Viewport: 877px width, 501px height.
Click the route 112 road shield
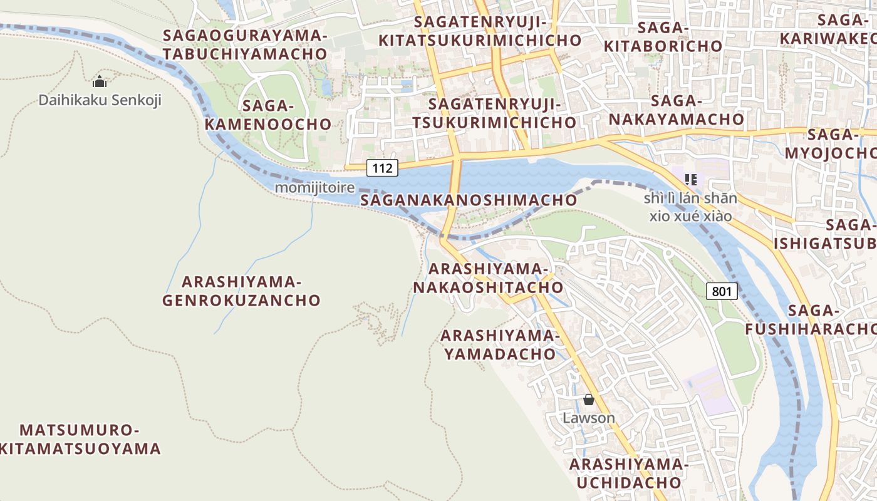pos(382,168)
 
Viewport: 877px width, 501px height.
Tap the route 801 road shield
pos(722,291)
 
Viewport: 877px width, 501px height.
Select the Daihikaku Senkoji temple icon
pos(100,82)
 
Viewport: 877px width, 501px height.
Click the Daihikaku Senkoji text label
pos(100,100)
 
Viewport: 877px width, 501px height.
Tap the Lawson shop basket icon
pos(588,400)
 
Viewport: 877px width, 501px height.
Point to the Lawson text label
pos(588,418)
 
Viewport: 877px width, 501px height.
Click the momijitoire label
pos(314,188)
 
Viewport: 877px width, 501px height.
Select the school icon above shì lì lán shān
pos(691,180)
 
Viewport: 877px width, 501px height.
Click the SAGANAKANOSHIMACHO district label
pos(469,200)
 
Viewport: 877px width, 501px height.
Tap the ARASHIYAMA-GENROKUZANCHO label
pos(241,291)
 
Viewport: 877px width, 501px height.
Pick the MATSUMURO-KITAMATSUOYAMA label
pos(80,440)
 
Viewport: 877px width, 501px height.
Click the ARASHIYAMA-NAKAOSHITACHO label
pos(487,278)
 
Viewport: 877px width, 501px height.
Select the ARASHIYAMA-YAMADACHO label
pos(500,344)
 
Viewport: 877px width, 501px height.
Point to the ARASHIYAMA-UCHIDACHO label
pos(628,473)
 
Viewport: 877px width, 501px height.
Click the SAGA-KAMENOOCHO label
pos(267,115)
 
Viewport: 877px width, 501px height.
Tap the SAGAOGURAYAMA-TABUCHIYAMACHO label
pos(245,44)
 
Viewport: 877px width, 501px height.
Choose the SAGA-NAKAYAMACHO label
pos(677,110)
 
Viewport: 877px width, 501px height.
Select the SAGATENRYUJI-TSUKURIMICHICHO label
pos(494,113)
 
